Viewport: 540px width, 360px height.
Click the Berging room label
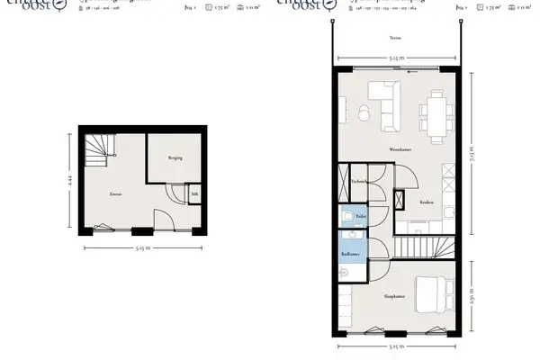click(x=175, y=157)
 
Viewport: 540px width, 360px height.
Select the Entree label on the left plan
click(x=115, y=193)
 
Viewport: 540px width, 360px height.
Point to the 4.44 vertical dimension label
click(x=68, y=180)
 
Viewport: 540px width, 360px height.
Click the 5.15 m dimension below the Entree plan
click(x=143, y=247)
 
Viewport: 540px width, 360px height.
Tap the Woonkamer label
click(x=400, y=148)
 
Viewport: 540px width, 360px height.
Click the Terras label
click(x=396, y=39)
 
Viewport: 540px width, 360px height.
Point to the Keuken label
click(x=426, y=202)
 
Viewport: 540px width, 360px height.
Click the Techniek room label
click(x=358, y=181)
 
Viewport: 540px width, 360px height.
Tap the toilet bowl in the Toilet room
click(x=347, y=219)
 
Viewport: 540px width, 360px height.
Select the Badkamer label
click(x=349, y=255)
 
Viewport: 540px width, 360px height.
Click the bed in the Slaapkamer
click(x=439, y=292)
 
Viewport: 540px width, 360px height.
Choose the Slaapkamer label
click(x=394, y=295)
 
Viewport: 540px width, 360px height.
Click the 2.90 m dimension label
click(x=472, y=296)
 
